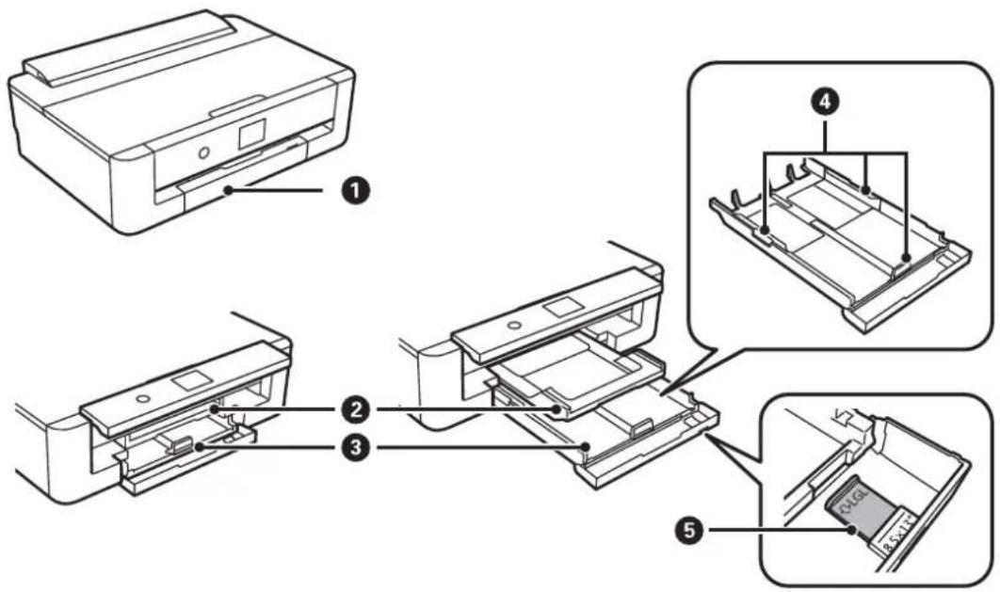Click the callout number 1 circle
357,191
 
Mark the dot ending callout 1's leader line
229,191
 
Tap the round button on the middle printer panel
512,325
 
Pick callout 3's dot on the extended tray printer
586,447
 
